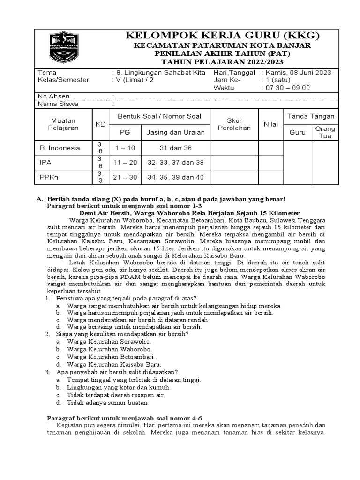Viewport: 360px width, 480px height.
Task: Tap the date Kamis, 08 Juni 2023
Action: point(299,72)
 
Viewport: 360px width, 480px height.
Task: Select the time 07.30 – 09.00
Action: point(288,88)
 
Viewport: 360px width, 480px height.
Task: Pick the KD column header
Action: point(100,124)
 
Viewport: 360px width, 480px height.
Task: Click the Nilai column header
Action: point(271,124)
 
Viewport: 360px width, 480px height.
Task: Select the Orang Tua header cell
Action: point(325,132)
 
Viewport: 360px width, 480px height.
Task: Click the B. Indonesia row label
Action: point(60,148)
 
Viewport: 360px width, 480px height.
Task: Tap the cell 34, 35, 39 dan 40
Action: point(175,177)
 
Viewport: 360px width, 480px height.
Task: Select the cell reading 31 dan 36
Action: point(175,148)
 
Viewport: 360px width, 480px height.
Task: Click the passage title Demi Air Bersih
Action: point(202,212)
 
